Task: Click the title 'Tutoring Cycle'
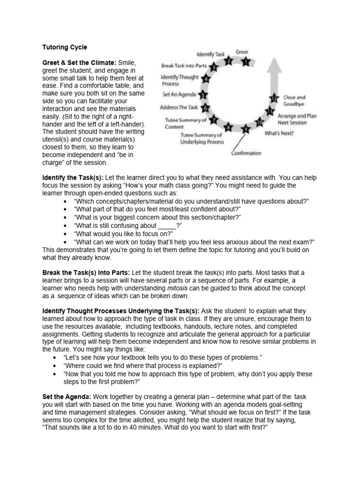[x=65, y=47]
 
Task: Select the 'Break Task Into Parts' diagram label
[x=185, y=66]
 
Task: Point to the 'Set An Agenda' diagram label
[x=180, y=94]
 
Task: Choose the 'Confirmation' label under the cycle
[x=246, y=153]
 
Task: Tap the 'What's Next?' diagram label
[x=279, y=133]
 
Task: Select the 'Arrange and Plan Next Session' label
[x=299, y=119]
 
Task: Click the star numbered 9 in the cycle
[x=245, y=129]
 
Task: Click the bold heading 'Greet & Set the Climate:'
[x=79, y=62]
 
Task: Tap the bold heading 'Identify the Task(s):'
[x=73, y=178]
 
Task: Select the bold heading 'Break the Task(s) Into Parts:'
[x=87, y=272]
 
